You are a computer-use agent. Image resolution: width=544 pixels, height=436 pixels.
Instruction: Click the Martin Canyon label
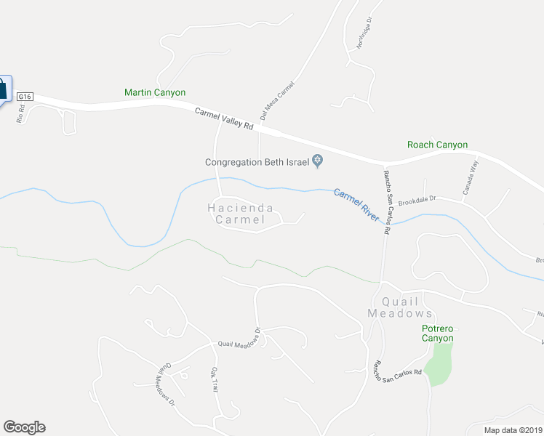(x=155, y=93)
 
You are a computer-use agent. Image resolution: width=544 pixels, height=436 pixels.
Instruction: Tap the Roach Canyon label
(x=437, y=145)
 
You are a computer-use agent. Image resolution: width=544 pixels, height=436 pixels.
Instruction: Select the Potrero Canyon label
(x=438, y=333)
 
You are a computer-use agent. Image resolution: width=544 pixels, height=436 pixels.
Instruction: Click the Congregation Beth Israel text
(x=257, y=162)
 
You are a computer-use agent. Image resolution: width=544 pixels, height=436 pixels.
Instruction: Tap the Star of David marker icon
(x=318, y=161)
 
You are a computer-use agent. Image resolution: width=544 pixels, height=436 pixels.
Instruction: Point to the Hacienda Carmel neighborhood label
(x=241, y=214)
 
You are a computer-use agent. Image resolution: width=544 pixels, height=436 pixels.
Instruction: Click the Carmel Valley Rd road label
(x=224, y=118)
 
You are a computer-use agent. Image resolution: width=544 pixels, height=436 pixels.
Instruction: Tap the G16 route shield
(x=25, y=97)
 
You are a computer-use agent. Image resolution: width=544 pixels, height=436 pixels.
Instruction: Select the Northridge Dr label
(x=364, y=33)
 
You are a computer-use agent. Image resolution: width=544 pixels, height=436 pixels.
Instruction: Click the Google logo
(x=24, y=427)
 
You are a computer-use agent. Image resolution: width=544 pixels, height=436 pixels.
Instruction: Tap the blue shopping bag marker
(x=3, y=89)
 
